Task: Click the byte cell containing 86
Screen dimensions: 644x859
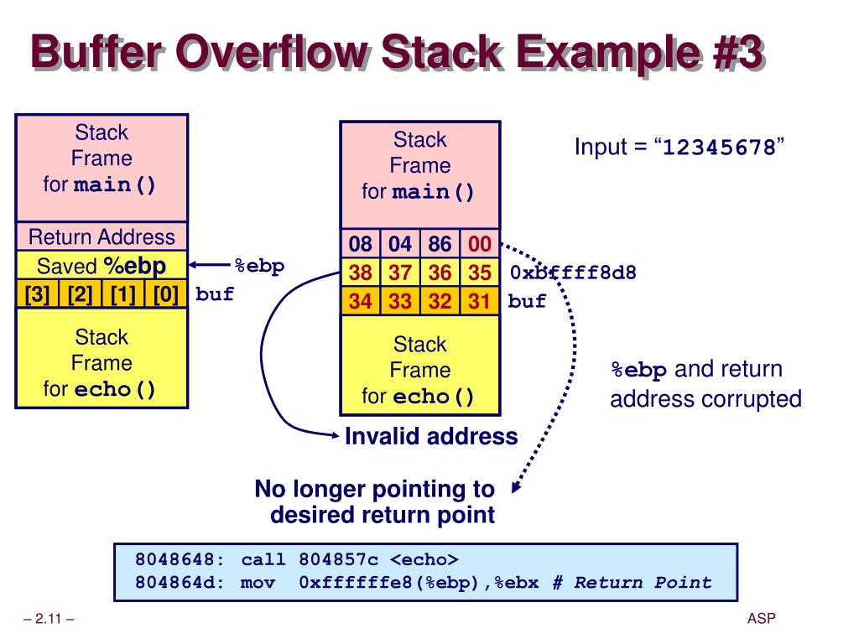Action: click(440, 245)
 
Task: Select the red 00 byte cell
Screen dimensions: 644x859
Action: click(479, 245)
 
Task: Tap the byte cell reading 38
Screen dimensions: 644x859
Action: click(360, 273)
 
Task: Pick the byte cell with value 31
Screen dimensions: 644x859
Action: click(479, 301)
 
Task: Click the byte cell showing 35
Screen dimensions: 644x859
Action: click(479, 273)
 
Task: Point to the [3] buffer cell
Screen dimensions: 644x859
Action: click(36, 294)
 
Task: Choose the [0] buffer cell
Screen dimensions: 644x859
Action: click(165, 294)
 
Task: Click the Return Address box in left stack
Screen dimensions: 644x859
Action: click(102, 237)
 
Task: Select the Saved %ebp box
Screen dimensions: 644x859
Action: click(102, 266)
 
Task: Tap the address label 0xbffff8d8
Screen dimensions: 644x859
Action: click(573, 273)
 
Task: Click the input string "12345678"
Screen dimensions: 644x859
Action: click(719, 149)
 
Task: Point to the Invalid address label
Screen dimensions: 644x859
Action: click(431, 436)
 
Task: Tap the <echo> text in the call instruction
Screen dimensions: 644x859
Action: click(424, 559)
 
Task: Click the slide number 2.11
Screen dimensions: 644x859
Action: click(49, 620)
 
